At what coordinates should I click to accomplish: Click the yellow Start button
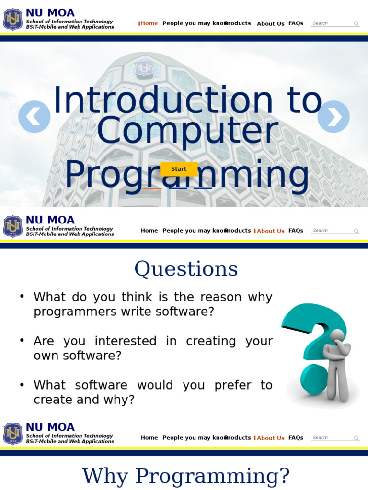click(179, 169)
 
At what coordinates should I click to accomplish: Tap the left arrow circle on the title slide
click(34, 116)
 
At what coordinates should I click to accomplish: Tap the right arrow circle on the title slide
click(333, 116)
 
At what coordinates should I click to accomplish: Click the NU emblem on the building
click(143, 69)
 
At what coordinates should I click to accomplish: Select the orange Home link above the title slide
click(149, 23)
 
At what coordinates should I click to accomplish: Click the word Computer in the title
click(187, 131)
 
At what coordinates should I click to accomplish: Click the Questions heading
click(186, 269)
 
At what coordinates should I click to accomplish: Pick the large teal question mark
click(311, 335)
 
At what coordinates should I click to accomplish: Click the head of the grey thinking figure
click(337, 335)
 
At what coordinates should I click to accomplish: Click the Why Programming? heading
click(186, 476)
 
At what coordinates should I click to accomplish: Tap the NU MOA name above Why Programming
click(50, 427)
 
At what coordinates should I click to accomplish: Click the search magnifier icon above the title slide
click(356, 24)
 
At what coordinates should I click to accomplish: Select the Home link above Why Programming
click(149, 438)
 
